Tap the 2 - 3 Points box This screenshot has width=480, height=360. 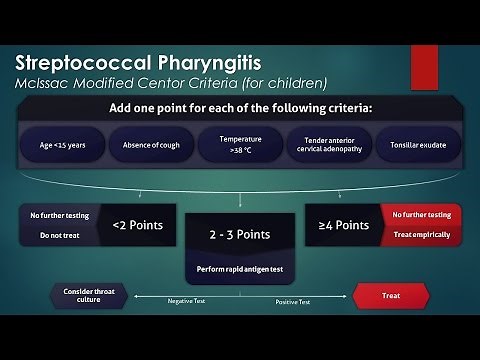240,235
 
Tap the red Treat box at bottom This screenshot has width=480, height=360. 391,296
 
